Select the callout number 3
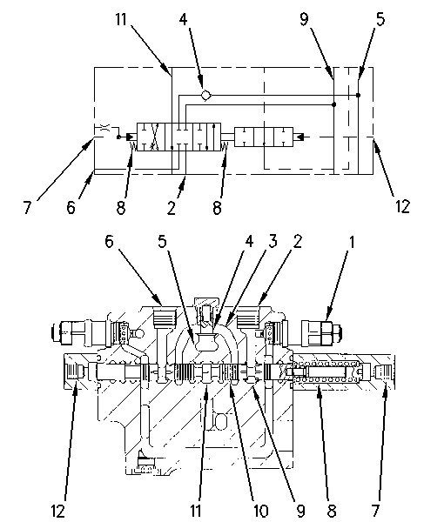point(273,241)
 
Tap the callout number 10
point(260,511)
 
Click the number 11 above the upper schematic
point(121,19)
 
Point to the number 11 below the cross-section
point(196,511)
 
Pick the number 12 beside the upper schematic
point(402,206)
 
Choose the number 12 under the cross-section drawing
point(57,511)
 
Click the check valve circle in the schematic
point(206,95)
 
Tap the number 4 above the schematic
point(184,19)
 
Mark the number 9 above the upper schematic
point(304,19)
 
